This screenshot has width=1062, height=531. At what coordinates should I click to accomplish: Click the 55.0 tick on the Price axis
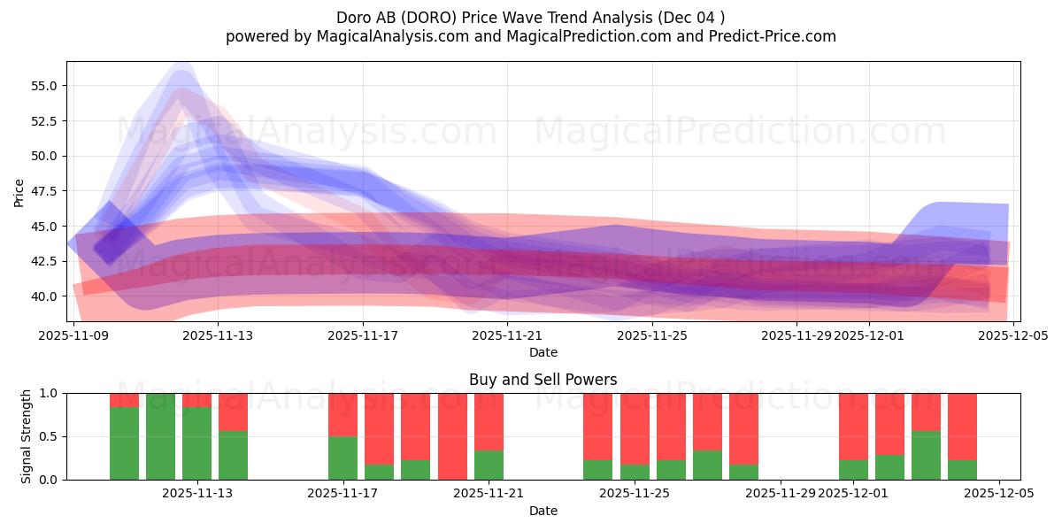pyautogui.click(x=44, y=86)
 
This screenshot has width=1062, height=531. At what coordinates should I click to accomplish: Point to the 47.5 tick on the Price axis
pyautogui.click(x=44, y=191)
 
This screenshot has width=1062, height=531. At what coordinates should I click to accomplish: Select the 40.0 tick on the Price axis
pyautogui.click(x=44, y=296)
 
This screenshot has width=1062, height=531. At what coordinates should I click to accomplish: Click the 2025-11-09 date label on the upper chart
pyautogui.click(x=73, y=335)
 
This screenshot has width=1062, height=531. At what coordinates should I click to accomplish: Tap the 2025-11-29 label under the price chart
pyautogui.click(x=796, y=335)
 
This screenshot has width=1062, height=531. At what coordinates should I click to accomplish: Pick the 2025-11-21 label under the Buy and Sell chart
pyautogui.click(x=489, y=494)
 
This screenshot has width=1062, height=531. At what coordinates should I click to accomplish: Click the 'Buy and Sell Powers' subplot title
pyautogui.click(x=543, y=380)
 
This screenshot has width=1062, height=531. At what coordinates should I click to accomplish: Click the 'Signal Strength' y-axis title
pyautogui.click(x=27, y=435)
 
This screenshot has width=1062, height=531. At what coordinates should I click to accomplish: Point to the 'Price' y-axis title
pyautogui.click(x=19, y=192)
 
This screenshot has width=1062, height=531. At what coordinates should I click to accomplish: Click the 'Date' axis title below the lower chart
pyautogui.click(x=543, y=511)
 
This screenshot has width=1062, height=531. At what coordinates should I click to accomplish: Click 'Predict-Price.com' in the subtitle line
pyautogui.click(x=766, y=36)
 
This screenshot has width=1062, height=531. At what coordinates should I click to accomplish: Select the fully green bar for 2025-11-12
pyautogui.click(x=160, y=436)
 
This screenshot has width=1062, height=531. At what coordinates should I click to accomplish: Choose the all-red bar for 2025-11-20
pyautogui.click(x=452, y=436)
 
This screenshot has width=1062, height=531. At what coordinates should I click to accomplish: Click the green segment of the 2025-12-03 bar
pyautogui.click(x=926, y=455)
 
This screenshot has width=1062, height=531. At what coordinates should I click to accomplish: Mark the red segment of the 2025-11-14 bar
pyautogui.click(x=233, y=412)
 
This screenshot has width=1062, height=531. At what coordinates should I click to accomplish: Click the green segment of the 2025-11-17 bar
pyautogui.click(x=342, y=458)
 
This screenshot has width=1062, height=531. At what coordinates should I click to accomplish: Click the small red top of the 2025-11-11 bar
pyautogui.click(x=124, y=400)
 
